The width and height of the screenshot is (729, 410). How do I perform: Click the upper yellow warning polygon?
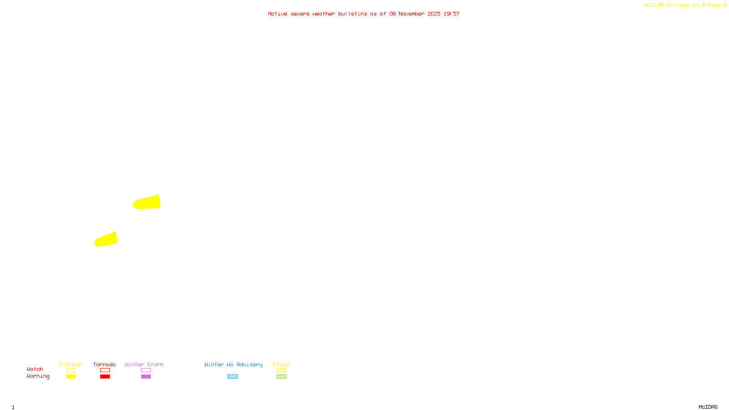pos(147,202)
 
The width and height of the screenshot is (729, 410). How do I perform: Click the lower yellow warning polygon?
pos(106,240)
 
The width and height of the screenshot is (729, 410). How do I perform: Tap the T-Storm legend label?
pos(70,364)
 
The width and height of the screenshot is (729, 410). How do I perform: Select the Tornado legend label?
pos(104,364)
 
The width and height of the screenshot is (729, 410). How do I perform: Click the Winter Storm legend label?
pos(144,364)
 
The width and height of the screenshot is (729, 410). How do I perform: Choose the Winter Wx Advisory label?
pos(233,364)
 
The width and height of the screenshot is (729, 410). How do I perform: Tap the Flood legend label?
pos(281,364)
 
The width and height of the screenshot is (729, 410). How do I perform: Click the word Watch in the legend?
pos(35,369)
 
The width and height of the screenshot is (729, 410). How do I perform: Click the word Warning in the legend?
pos(38,376)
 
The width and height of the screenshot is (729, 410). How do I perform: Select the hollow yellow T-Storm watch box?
pos(71,370)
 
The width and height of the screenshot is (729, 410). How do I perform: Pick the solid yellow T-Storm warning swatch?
pos(71,377)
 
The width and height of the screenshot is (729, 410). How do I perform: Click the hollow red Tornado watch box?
pos(105,370)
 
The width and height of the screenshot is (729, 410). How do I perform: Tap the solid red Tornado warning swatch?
pos(105,377)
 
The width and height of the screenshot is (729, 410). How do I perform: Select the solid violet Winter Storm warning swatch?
pos(146,377)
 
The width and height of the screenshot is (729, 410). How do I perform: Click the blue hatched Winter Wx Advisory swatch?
pos(232,377)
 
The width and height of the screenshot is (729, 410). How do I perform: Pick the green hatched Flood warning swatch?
pos(281,377)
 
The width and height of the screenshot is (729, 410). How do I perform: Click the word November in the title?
pos(411,14)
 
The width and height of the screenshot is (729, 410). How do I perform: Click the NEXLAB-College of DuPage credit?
pos(683,5)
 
